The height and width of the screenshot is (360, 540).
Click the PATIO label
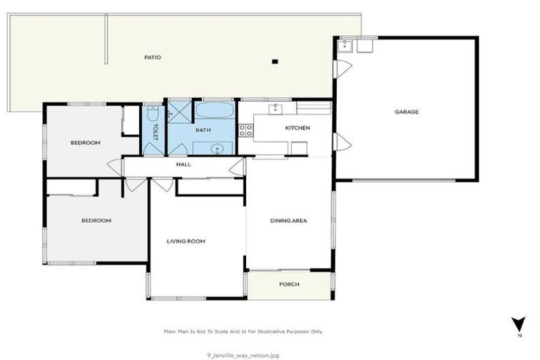pyautogui.click(x=153, y=57)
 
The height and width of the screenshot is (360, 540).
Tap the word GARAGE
pyautogui.click(x=406, y=111)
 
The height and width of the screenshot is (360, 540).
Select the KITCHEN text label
pyautogui.click(x=297, y=128)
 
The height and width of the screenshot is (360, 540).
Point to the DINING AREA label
pyautogui.click(x=288, y=221)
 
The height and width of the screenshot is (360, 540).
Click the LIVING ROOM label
pyautogui.click(x=186, y=241)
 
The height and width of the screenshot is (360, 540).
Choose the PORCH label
pyautogui.click(x=289, y=284)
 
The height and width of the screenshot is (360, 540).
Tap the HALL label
pyautogui.click(x=184, y=165)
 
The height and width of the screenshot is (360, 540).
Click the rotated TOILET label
pyautogui.click(x=155, y=132)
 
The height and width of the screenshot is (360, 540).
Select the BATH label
pyautogui.click(x=203, y=130)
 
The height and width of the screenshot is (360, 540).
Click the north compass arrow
pyautogui.click(x=518, y=325)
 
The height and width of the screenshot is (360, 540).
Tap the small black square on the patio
pyautogui.click(x=276, y=62)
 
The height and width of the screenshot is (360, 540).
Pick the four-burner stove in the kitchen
pyautogui.click(x=245, y=129)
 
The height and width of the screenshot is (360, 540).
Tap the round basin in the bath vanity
pyautogui.click(x=218, y=148)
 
